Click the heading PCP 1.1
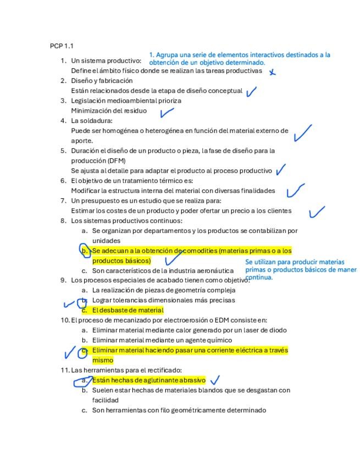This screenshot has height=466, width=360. (62, 46)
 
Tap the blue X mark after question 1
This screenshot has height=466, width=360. (272, 71)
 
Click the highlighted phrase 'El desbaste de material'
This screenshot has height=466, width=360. (128, 310)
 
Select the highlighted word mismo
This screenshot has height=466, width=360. (103, 360)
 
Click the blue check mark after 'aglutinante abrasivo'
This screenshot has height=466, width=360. (215, 380)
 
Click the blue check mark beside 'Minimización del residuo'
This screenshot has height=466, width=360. (167, 113)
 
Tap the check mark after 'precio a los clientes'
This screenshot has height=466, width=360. (317, 212)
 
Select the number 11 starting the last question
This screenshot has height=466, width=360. (65, 370)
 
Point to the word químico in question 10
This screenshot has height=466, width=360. (219, 340)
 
